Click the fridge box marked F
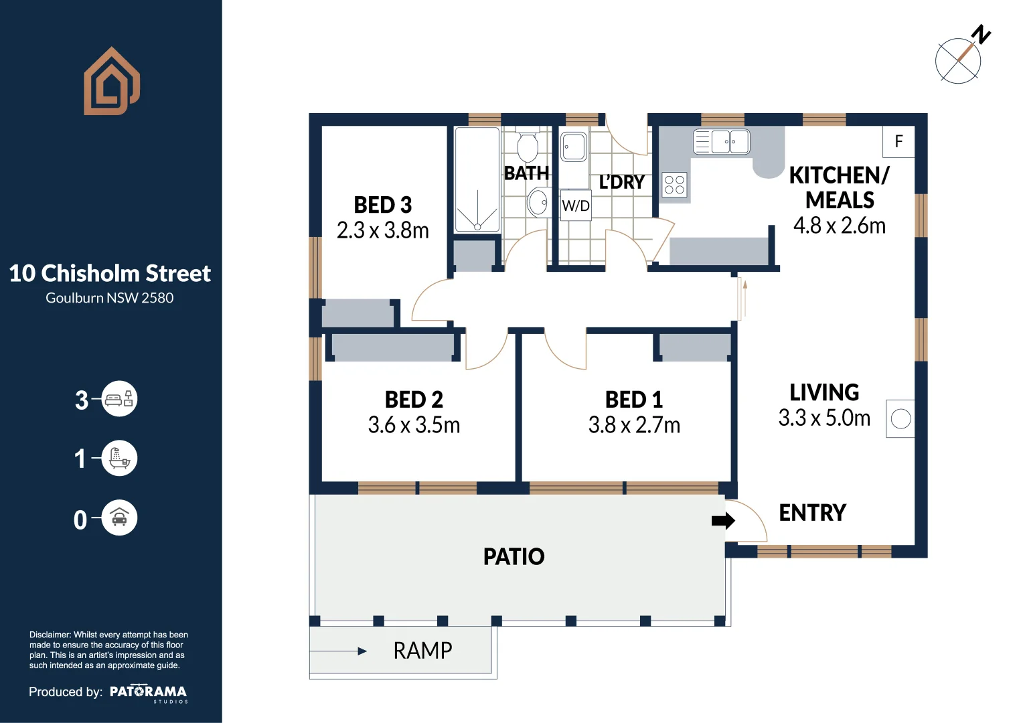tap(898, 141)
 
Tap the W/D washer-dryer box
tap(576, 206)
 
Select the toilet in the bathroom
tap(528, 145)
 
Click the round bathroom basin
tap(538, 202)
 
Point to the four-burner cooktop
tap(675, 185)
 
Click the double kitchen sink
tap(722, 141)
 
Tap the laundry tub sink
tap(574, 147)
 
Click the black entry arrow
tap(724, 520)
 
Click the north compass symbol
tap(962, 56)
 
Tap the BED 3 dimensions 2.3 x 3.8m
tap(383, 230)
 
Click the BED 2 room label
tap(414, 400)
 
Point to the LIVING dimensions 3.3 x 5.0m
tap(824, 418)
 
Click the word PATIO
tap(514, 557)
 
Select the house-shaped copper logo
tap(112, 81)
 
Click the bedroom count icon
tap(119, 399)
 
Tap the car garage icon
tap(119, 517)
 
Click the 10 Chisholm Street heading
tap(110, 273)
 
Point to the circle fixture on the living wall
tap(900, 419)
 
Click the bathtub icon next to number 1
tap(119, 458)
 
